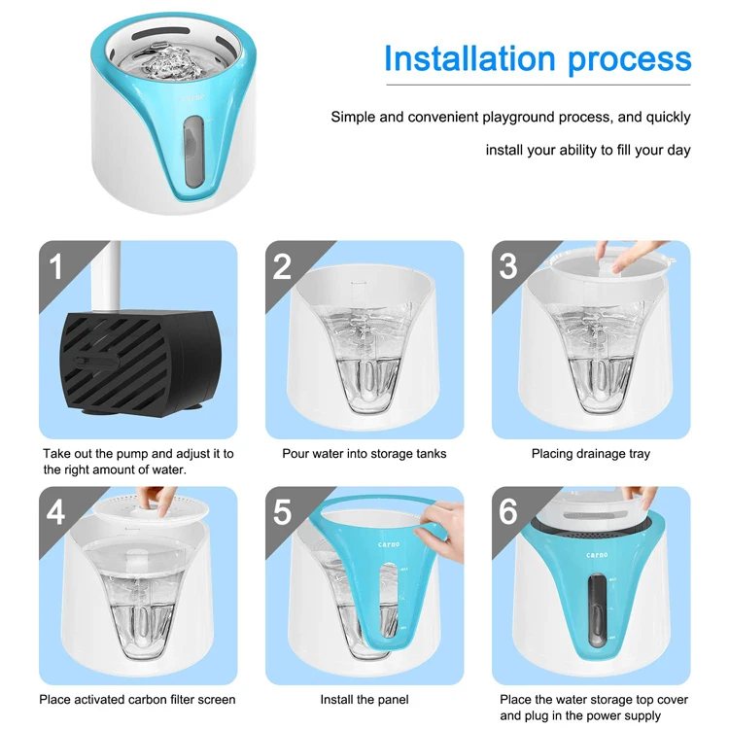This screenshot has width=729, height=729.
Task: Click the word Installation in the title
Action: [x=470, y=59]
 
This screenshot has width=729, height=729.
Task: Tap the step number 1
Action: [x=56, y=266]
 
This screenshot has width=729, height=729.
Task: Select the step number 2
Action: [x=282, y=266]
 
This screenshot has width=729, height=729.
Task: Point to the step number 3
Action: [x=508, y=266]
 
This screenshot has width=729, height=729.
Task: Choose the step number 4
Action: [x=55, y=512]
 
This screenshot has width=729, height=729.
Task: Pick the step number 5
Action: [x=282, y=512]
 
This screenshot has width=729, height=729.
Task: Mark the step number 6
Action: [x=508, y=512]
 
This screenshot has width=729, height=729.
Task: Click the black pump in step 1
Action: [x=139, y=362]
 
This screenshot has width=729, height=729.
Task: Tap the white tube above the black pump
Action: [x=106, y=276]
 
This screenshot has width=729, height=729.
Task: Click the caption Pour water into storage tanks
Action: [x=364, y=454]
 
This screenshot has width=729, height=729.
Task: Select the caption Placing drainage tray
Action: [x=591, y=454]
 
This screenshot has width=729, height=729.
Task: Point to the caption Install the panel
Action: [x=364, y=700]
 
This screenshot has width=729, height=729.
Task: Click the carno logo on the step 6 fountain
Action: [x=597, y=555]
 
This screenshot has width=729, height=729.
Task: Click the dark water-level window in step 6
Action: [x=597, y=610]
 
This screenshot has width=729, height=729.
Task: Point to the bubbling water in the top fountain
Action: [x=171, y=65]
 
